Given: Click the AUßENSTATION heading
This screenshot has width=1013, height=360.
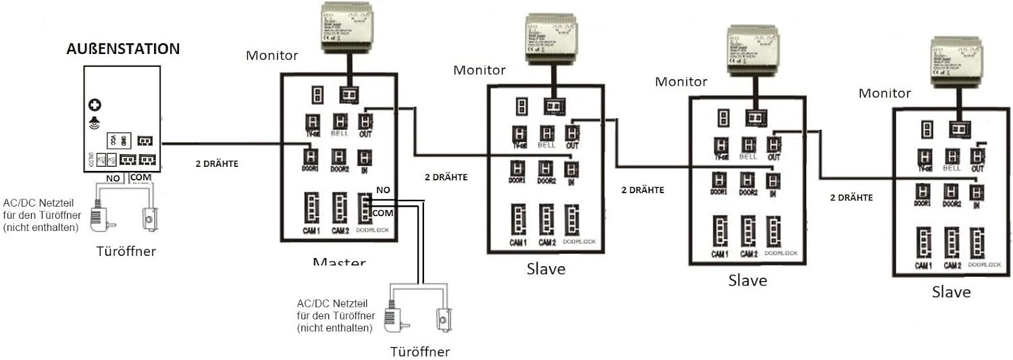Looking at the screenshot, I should point(123,49).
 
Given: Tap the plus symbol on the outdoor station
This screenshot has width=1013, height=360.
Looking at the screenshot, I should point(96,105).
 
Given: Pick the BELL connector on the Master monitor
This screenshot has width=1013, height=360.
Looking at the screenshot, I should point(340,122).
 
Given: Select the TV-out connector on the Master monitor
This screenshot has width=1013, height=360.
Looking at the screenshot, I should point(313,122).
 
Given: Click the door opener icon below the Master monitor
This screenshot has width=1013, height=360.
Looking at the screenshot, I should point(443,319).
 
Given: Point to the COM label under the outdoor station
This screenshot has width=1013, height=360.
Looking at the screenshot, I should point(140,177).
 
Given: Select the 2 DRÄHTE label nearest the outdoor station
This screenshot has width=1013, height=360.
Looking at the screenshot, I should point(217,163).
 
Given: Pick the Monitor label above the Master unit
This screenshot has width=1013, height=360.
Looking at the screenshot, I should point(271,55).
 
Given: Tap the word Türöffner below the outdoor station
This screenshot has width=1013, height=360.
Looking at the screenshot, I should point(126,251).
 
